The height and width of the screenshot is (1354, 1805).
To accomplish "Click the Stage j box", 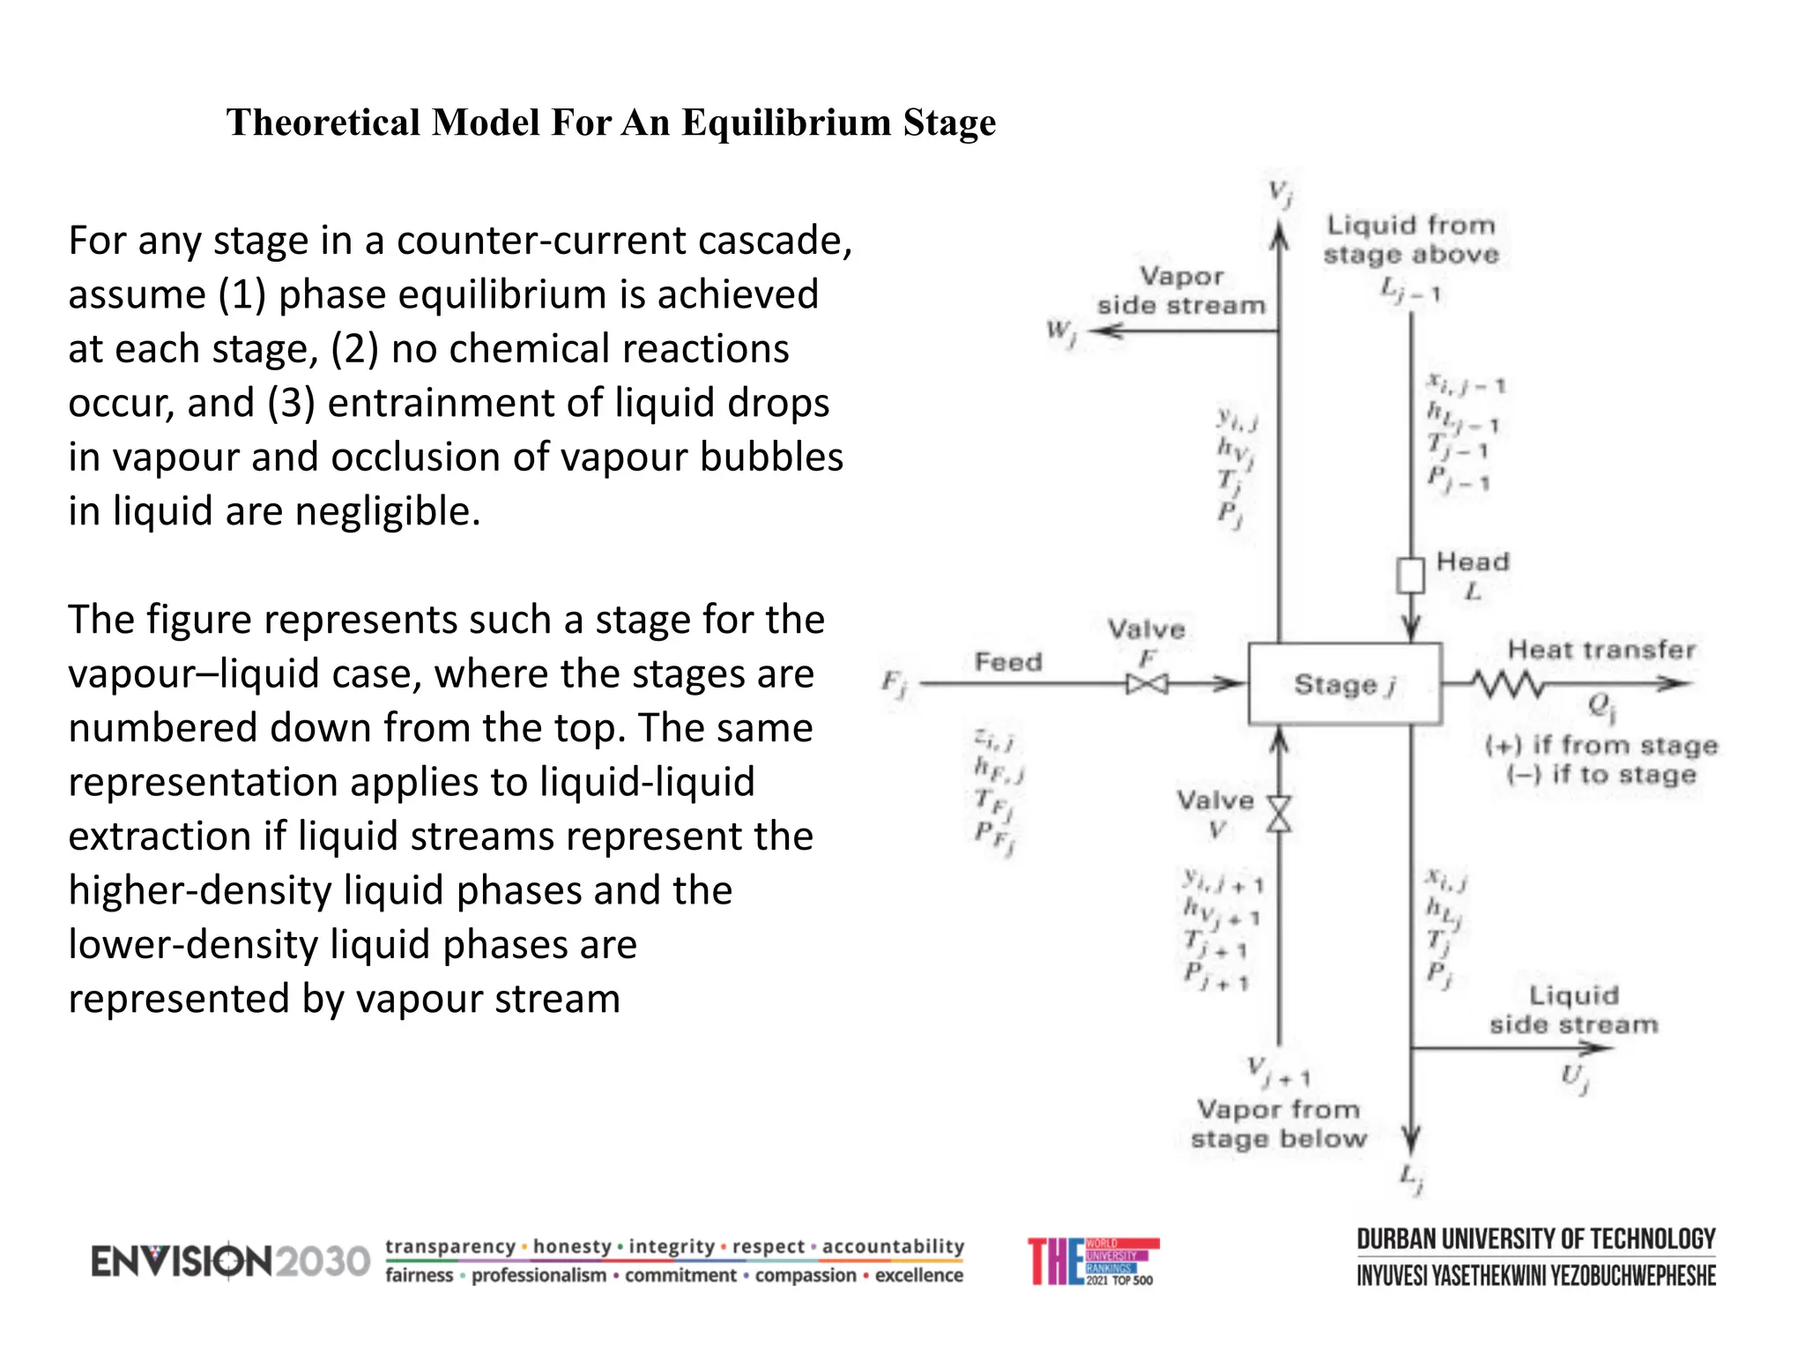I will pos(1344,684).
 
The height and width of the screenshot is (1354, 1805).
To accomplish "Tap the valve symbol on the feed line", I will pos(1147,684).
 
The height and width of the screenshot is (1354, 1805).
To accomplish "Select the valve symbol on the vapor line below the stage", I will pos(1279,814).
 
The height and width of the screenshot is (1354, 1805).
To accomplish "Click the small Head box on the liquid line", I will pos(1410,575).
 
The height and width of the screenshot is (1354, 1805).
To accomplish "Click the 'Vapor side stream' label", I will pos(1181,291).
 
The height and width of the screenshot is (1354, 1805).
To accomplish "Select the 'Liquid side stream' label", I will pos(1574,1010).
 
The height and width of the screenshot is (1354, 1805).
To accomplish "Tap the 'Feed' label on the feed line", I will pos(1008,662).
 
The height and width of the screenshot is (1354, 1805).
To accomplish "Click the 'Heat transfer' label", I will pos(1601,651).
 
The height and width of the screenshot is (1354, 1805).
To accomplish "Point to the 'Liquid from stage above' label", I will pos(1411,240).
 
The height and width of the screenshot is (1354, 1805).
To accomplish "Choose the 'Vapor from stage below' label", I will pos(1278,1124).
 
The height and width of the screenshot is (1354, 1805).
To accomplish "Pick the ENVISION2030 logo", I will pos(230,1261).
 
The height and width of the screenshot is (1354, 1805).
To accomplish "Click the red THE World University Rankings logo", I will pos(1093,1261).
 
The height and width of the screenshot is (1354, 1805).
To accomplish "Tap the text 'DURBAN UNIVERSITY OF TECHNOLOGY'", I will pos(1535,1239).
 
